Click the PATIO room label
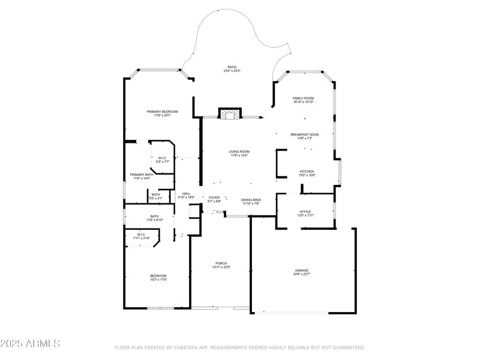tap(232, 67)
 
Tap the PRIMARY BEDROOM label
tap(162, 112)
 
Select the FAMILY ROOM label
tap(303, 98)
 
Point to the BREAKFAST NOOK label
tap(305, 134)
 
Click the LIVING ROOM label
tap(239, 151)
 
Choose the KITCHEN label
tap(307, 171)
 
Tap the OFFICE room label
tap(305, 211)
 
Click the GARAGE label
tap(301, 270)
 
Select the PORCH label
tap(221, 263)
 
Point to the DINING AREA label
tap(251, 199)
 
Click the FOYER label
tap(214, 197)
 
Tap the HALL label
tap(186, 193)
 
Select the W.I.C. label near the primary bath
tap(163, 158)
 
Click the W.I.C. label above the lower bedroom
tap(141, 235)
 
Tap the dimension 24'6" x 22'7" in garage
tap(301, 274)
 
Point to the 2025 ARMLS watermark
tap(30, 344)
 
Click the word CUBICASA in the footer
tap(187, 347)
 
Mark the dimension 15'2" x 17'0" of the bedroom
tap(158, 280)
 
